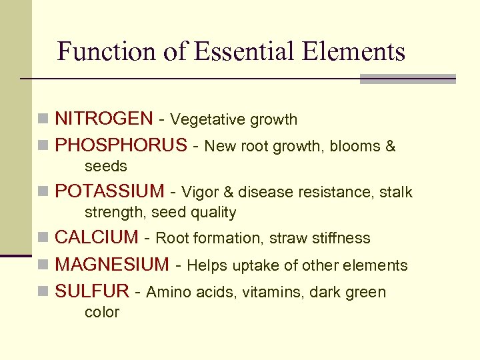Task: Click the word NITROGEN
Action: tap(103, 119)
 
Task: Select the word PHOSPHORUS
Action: tap(121, 145)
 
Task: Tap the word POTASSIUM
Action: tap(109, 192)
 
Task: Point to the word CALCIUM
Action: tap(96, 238)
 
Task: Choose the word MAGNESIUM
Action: tap(112, 265)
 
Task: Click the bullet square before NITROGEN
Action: tap(43, 120)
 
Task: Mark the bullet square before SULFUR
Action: tap(43, 292)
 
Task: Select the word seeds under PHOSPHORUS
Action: tap(105, 166)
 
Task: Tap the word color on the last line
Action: tap(101, 312)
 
